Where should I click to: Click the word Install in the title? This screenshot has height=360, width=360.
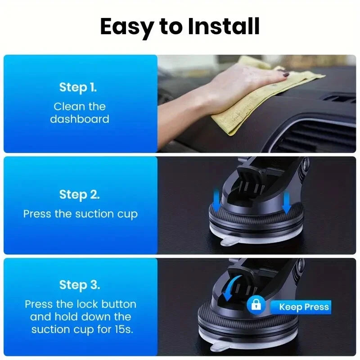224,27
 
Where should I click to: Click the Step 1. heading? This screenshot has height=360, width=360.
78,87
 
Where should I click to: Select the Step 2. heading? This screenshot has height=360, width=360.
80,195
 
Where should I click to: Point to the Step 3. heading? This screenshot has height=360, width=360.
80,285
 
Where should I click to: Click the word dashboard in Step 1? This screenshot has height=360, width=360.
80,119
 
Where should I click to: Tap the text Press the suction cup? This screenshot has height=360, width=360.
80,214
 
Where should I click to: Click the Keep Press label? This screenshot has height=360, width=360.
304,307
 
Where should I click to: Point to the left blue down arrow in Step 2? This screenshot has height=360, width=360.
216,200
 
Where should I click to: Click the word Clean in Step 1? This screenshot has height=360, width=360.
67,107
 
